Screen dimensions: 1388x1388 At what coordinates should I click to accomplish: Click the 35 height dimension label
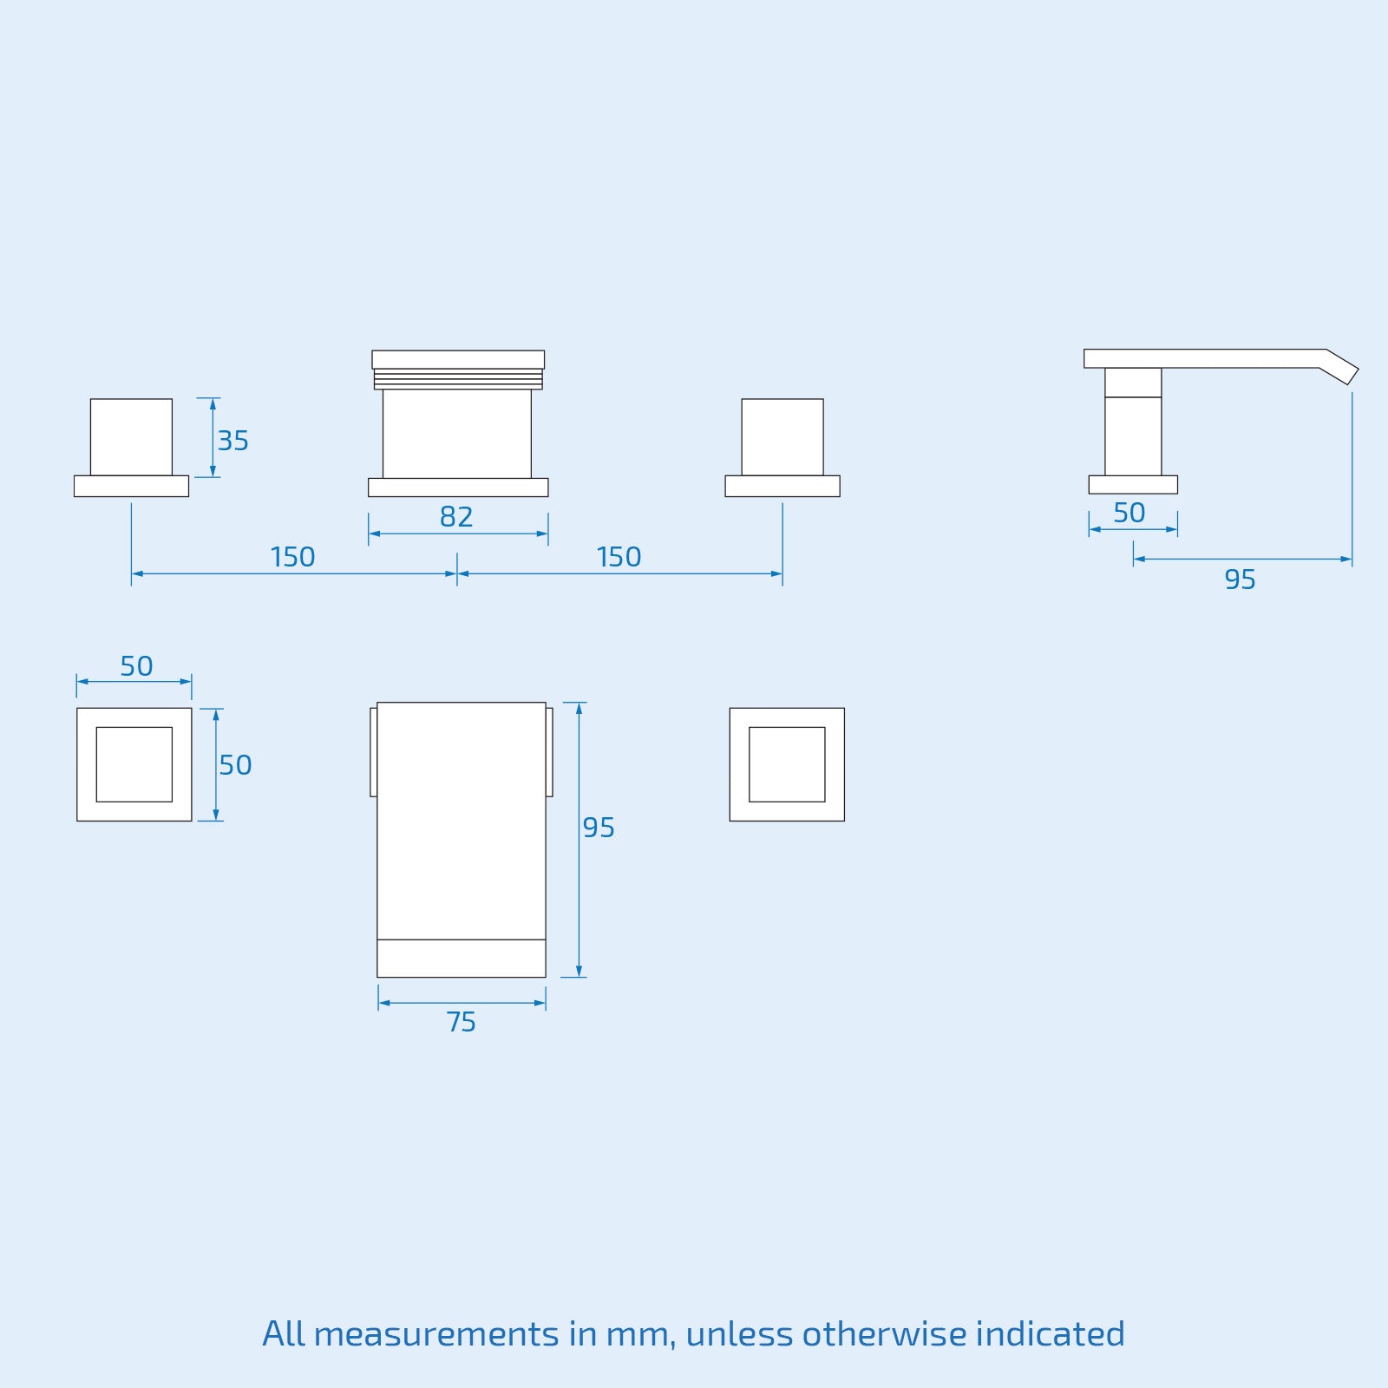(x=232, y=441)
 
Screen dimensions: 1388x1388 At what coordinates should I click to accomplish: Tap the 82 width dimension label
(x=456, y=517)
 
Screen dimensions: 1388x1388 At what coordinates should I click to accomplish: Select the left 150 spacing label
(x=292, y=557)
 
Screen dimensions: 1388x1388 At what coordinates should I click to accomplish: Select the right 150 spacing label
(x=619, y=557)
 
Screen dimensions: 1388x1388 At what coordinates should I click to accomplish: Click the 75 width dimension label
(x=462, y=1022)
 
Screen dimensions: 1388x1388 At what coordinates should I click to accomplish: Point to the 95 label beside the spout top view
(x=599, y=828)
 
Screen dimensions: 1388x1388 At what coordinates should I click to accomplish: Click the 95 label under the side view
(x=1240, y=579)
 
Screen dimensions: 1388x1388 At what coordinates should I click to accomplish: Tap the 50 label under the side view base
(x=1129, y=513)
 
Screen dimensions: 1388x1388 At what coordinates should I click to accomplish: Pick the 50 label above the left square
(x=136, y=666)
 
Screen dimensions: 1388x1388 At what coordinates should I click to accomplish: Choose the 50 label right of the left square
(x=235, y=765)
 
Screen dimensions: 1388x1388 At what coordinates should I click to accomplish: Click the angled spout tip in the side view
(x=1339, y=368)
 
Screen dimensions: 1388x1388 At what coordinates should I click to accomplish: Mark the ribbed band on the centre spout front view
(x=458, y=379)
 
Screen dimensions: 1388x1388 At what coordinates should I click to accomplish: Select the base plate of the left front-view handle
(x=131, y=486)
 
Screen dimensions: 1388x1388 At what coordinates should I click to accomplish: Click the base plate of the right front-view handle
(x=782, y=486)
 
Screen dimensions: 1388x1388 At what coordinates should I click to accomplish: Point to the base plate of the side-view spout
(x=1133, y=485)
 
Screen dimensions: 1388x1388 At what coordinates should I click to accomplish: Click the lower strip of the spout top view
(x=462, y=959)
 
